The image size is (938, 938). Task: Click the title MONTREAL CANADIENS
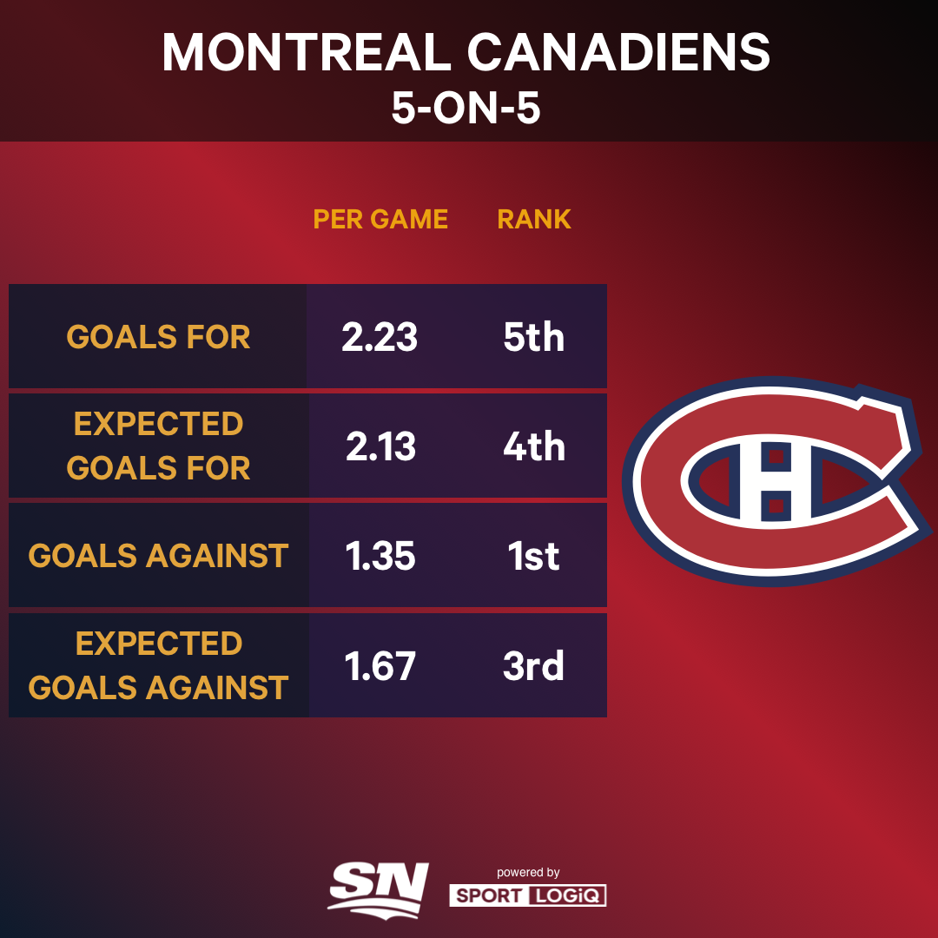point(466,54)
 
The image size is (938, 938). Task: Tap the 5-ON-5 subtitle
point(466,109)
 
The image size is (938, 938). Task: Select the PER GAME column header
point(380,219)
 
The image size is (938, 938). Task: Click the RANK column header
point(534,219)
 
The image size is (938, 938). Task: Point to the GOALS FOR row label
point(158,337)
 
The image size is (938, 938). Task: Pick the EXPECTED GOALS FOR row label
point(158,446)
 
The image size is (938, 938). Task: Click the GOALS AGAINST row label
point(158,556)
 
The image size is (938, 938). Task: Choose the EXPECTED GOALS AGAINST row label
point(158,665)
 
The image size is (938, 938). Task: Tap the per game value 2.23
point(380,337)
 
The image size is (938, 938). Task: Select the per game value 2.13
point(380,446)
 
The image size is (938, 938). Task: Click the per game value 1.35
point(380,556)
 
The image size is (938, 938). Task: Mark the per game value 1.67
point(380,666)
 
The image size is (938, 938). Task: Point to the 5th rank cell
point(534,337)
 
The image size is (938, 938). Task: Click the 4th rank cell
point(534,446)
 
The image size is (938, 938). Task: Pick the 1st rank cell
point(534,556)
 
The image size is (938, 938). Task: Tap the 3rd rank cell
point(534,666)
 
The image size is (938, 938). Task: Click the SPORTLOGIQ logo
point(527,895)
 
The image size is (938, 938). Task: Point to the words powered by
point(528,872)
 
